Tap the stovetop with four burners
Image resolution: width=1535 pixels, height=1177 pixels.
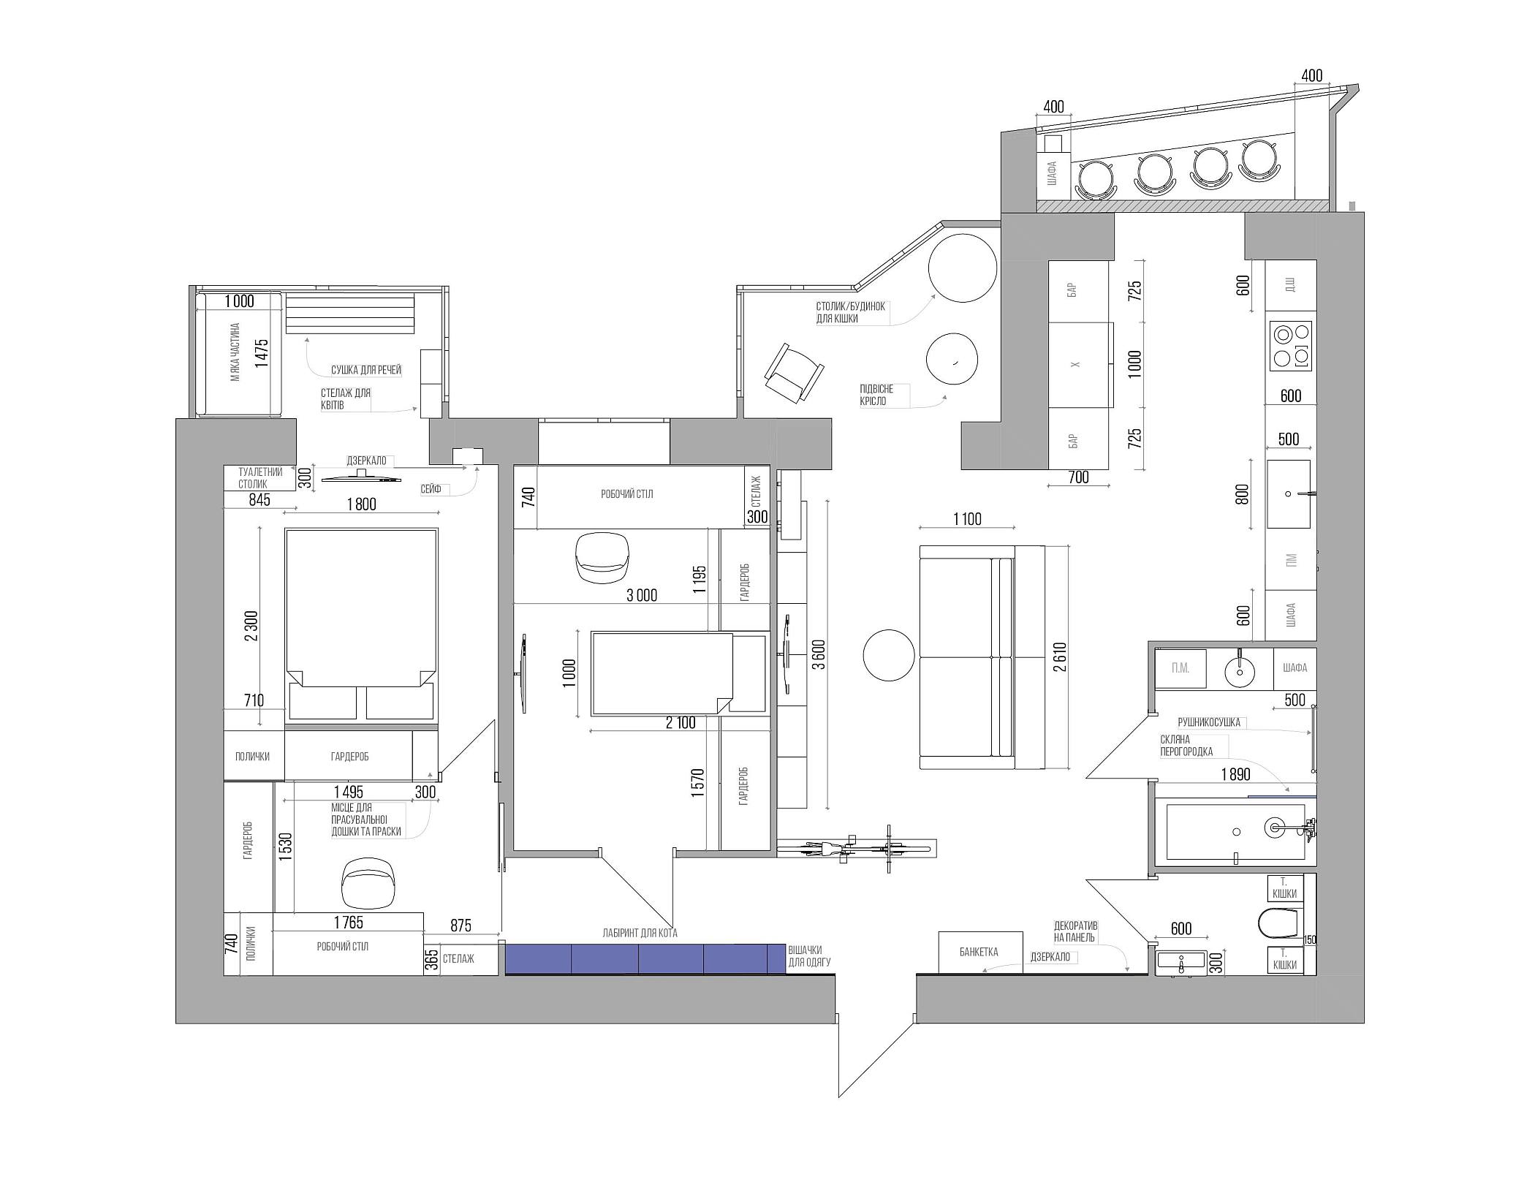click(1292, 347)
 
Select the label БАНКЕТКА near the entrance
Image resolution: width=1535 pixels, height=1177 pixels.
click(979, 952)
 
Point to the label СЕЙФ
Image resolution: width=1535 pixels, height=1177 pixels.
click(431, 488)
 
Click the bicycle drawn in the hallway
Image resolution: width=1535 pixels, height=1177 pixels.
click(856, 849)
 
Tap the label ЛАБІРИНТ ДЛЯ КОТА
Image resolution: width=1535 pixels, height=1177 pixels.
click(640, 933)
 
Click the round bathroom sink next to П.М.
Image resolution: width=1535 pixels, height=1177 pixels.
click(1239, 670)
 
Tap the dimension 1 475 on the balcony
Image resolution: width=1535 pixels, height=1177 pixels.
click(261, 352)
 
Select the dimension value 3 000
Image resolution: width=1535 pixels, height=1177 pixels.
click(641, 595)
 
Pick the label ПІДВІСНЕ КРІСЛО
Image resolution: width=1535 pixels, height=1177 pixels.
click(876, 395)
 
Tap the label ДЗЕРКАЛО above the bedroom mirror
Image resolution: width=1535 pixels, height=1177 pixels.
click(366, 461)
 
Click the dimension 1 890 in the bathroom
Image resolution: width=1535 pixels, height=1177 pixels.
click(1235, 774)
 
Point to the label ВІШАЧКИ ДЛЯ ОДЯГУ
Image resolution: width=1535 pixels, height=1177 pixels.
click(810, 956)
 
